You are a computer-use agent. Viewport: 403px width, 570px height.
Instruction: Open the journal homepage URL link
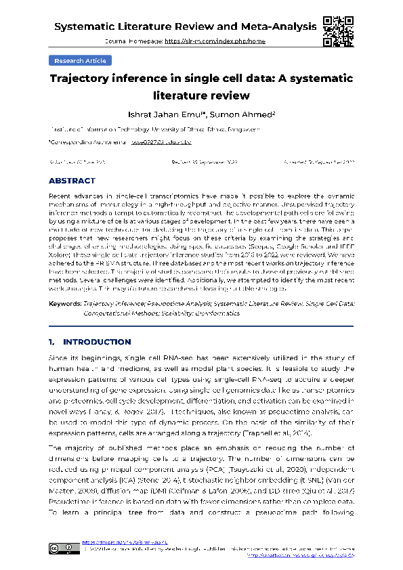(215, 41)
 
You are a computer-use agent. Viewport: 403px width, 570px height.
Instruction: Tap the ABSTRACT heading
(72, 181)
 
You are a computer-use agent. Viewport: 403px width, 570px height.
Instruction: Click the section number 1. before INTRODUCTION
(53, 342)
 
